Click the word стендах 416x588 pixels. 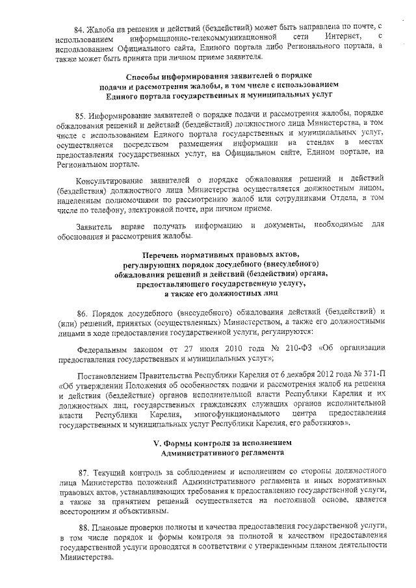point(321,142)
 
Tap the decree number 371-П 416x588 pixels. point(376,377)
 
